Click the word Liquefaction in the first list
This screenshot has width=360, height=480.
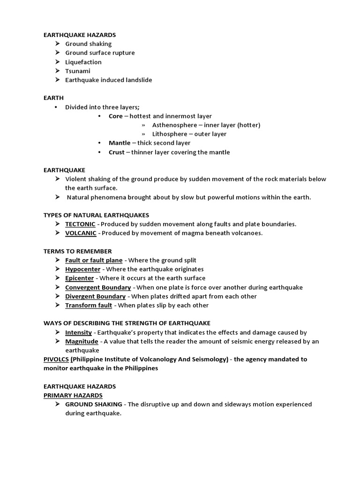coord(83,62)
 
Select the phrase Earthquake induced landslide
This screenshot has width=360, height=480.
coord(108,80)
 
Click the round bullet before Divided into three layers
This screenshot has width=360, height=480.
coord(56,107)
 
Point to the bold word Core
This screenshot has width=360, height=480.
coord(115,116)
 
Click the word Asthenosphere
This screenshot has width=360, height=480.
coord(174,125)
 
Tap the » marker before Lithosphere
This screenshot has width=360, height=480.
coord(143,134)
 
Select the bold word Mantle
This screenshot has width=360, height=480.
coord(120,143)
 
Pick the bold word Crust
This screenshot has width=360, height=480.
coord(116,152)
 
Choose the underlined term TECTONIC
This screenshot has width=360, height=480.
coord(80,224)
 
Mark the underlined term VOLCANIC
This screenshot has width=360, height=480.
coord(81,233)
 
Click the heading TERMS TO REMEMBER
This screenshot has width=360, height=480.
coord(77,251)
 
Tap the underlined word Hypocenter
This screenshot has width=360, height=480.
coord(83,269)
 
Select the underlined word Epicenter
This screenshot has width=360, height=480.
coord(80,278)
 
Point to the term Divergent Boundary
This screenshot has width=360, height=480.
coord(95,296)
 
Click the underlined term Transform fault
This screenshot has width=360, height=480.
coord(89,305)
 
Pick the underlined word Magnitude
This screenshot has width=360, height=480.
coord(82,341)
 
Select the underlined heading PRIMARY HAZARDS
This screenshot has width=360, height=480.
coord(73,395)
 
